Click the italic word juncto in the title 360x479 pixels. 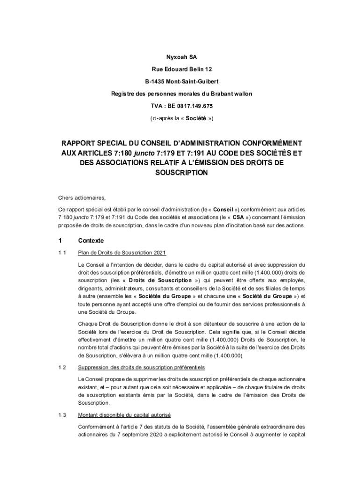coord(145,152)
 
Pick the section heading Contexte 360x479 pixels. coord(91,241)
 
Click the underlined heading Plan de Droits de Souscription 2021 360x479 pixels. coord(122,254)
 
